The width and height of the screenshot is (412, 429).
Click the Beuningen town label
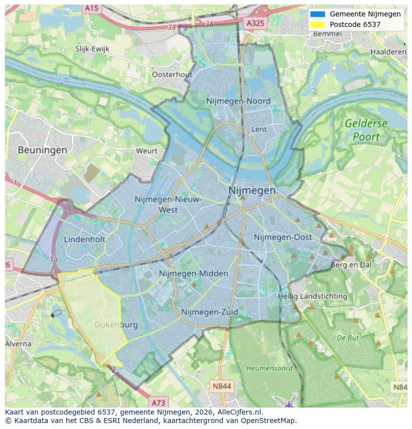click(x=42, y=149)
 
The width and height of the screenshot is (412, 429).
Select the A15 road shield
click(x=91, y=8)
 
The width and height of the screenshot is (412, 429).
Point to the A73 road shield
click(x=158, y=402)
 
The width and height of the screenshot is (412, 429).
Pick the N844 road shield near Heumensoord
click(x=221, y=386)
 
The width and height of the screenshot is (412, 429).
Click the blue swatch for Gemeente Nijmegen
click(x=317, y=14)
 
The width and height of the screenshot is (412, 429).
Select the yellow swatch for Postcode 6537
click(x=317, y=24)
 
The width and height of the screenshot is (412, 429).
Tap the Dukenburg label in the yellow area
click(x=116, y=325)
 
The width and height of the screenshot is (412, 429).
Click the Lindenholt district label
click(x=85, y=239)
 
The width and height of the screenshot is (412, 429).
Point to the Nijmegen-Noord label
click(x=238, y=101)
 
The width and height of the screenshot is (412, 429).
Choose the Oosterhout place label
click(x=172, y=74)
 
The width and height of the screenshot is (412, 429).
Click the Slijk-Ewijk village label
click(x=92, y=49)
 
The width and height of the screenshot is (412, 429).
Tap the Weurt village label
click(x=147, y=150)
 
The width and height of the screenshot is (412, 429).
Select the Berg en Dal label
click(x=351, y=265)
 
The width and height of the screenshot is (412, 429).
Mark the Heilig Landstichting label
click(x=312, y=296)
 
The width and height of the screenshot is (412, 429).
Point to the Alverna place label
click(x=18, y=344)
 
